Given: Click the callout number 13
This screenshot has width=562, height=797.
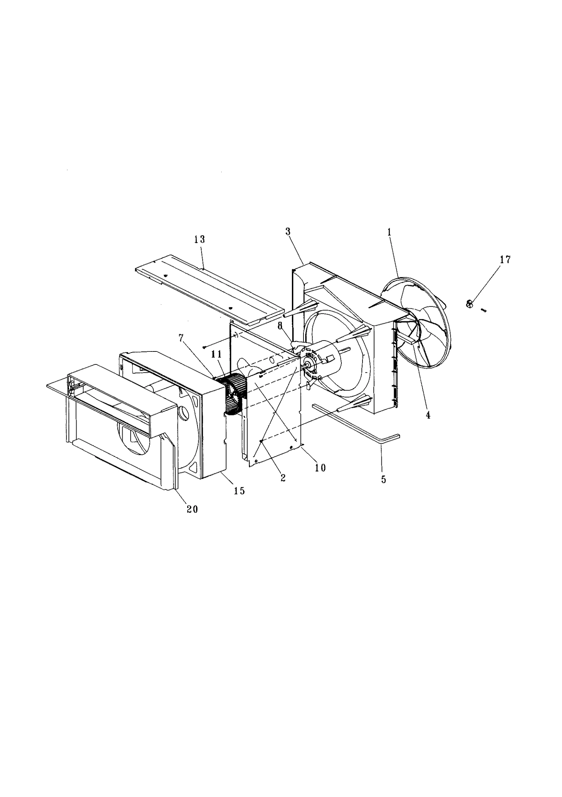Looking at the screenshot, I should pyautogui.click(x=200, y=240).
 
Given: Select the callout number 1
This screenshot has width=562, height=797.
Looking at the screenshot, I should pyautogui.click(x=389, y=232).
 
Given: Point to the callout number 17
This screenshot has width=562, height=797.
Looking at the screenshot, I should pyautogui.click(x=505, y=260).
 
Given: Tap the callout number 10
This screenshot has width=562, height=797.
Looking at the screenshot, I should pyautogui.click(x=320, y=468).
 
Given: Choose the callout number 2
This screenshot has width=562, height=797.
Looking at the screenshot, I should pyautogui.click(x=283, y=477).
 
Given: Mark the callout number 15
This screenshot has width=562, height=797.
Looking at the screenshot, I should pyautogui.click(x=239, y=490).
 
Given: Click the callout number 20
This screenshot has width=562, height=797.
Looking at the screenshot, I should pyautogui.click(x=192, y=509).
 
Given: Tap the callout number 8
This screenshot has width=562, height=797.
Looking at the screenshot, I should pyautogui.click(x=280, y=325).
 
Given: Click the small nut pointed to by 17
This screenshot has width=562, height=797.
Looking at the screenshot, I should pyautogui.click(x=469, y=304).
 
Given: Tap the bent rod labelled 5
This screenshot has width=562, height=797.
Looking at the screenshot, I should pyautogui.click(x=355, y=421).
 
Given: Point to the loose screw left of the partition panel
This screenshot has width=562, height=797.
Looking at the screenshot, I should pyautogui.click(x=204, y=347).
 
